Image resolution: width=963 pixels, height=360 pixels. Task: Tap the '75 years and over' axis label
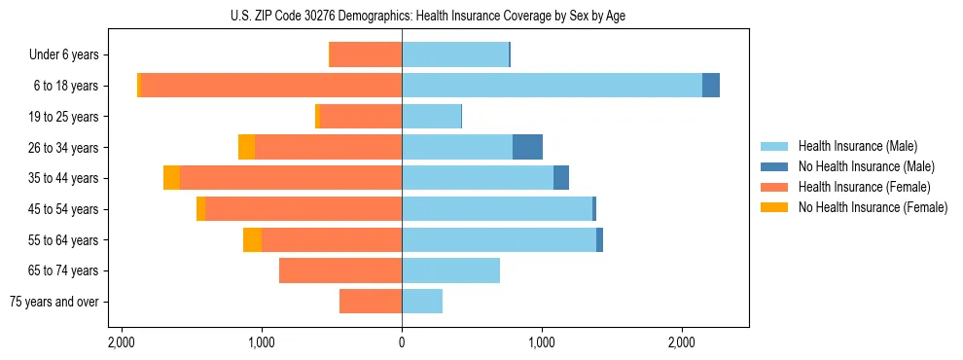[x=54, y=302]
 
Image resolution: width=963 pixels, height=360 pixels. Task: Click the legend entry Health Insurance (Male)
[x=857, y=146]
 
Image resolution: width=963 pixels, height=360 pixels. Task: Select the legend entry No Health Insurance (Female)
[x=873, y=207]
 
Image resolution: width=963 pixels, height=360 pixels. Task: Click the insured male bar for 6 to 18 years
[x=552, y=86]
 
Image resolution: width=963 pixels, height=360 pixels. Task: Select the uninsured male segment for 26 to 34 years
[x=527, y=147]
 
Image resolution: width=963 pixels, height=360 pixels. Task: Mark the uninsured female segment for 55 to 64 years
[x=252, y=239]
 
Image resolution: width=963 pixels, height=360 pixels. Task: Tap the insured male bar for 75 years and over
[x=422, y=302]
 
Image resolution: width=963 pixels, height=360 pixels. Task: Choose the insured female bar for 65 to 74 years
[x=340, y=270]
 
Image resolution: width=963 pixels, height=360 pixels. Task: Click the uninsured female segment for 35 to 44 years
[x=171, y=178]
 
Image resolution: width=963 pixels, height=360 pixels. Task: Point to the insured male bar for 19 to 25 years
[x=431, y=117]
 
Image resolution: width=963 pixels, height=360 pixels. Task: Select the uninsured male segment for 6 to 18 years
[x=711, y=86]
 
